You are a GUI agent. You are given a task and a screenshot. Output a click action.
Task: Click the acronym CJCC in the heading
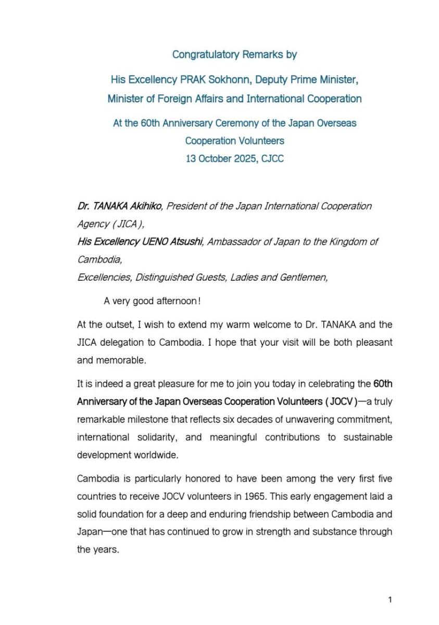272,159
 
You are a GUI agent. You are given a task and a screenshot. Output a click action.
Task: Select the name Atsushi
185,242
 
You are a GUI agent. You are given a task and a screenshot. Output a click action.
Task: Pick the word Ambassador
232,242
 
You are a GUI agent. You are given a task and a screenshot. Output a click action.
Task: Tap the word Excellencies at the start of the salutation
104,278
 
